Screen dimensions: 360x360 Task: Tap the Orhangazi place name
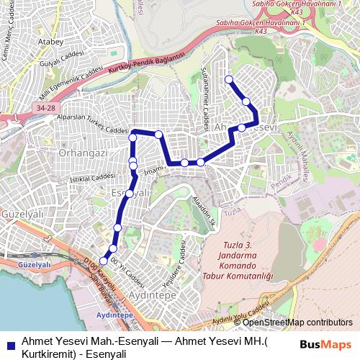(83, 153)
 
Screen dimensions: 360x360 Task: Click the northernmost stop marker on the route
(229, 79)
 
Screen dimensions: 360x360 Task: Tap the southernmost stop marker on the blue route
(104, 261)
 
